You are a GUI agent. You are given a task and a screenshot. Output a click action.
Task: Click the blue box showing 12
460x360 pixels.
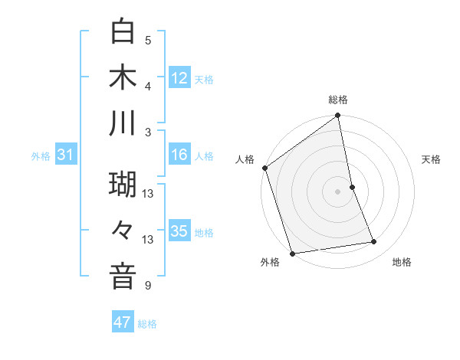click(x=179, y=78)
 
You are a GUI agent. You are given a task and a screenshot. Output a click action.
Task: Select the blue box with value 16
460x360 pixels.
click(x=179, y=155)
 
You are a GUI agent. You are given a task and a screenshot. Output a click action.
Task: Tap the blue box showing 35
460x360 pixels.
click(x=179, y=231)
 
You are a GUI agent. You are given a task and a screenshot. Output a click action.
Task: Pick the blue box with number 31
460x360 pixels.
click(x=65, y=155)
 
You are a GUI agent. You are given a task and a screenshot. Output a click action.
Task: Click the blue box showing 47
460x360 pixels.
click(x=123, y=322)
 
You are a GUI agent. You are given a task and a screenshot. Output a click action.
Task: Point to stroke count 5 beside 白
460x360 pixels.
click(x=148, y=40)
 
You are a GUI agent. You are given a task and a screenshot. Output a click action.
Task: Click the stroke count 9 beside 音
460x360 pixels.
click(x=148, y=286)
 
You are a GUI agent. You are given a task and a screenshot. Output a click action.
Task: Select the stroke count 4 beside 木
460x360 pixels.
click(x=148, y=86)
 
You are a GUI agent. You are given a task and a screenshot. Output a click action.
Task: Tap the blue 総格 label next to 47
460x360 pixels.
click(x=147, y=324)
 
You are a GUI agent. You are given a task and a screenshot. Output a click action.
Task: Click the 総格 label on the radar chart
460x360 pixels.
click(x=338, y=100)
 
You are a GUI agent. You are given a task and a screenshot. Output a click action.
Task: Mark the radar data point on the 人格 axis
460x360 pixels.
click(x=264, y=168)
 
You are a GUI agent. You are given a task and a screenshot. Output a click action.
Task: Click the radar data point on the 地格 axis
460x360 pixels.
click(x=374, y=242)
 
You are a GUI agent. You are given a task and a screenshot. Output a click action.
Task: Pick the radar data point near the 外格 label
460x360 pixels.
click(x=292, y=254)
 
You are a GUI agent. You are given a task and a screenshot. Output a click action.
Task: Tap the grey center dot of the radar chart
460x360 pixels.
click(x=337, y=191)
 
